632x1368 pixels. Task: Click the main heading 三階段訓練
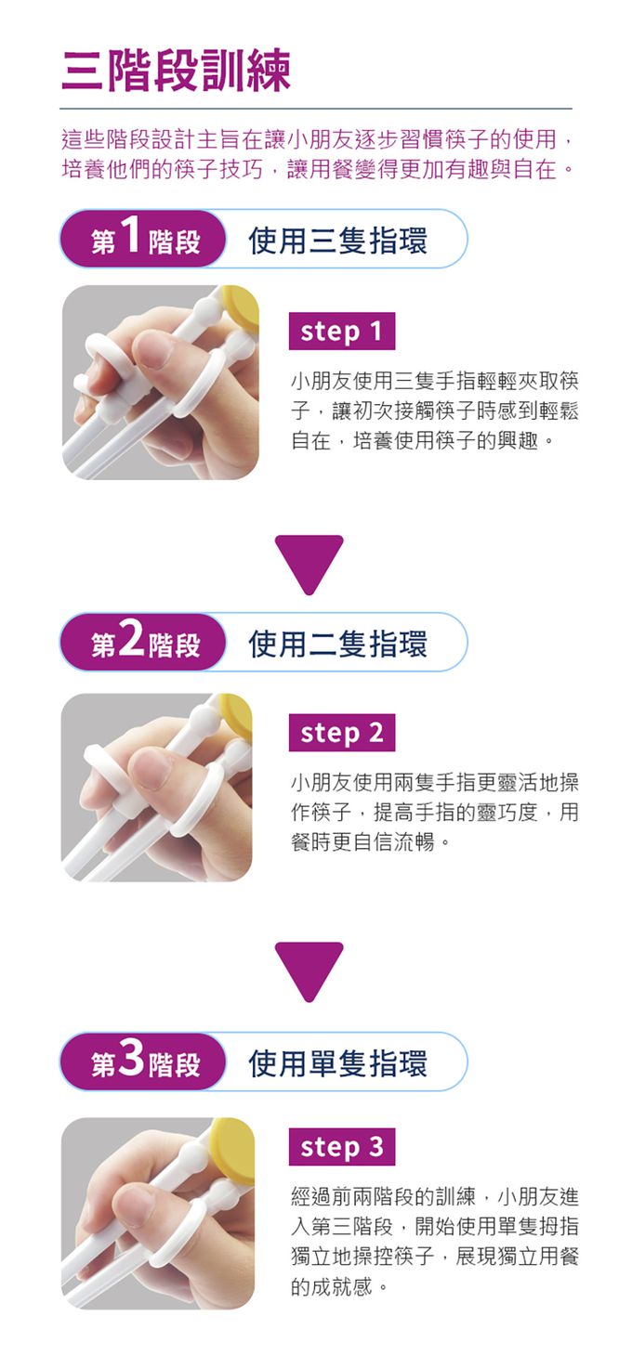[x=176, y=71]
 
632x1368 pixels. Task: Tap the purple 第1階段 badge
[x=144, y=240]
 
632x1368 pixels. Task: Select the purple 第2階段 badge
[x=144, y=643]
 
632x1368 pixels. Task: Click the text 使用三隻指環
[x=338, y=241]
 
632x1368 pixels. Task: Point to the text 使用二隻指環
[x=338, y=644]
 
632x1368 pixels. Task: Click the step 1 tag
[x=342, y=332]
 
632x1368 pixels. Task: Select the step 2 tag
[x=342, y=733]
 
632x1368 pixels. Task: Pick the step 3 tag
[x=342, y=1147]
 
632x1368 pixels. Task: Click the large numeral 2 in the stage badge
[x=131, y=639]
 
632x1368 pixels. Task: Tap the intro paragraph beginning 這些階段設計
[x=316, y=155]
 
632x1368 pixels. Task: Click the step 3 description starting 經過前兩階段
[x=434, y=1241]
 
